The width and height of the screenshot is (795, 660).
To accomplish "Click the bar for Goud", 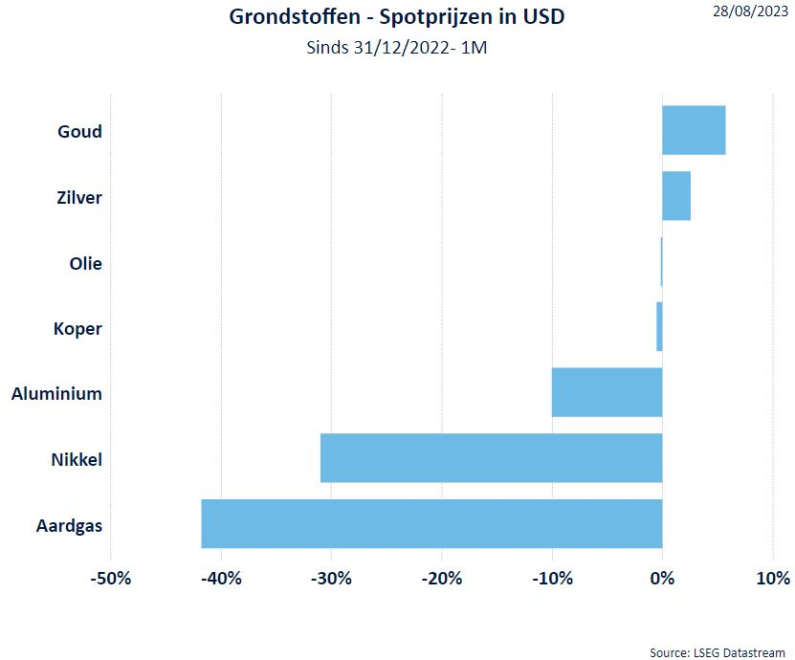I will pyautogui.click(x=694, y=130).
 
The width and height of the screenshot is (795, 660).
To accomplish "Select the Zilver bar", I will pyautogui.click(x=676, y=196).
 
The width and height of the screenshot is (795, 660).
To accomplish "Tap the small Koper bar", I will pyautogui.click(x=659, y=326).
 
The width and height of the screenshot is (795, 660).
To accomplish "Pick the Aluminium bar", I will pyautogui.click(x=607, y=392).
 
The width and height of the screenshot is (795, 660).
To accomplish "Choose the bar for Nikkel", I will pyautogui.click(x=491, y=457).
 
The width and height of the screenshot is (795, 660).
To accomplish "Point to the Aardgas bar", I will pyautogui.click(x=431, y=523).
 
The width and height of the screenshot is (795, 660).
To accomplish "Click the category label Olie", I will pyautogui.click(x=85, y=263).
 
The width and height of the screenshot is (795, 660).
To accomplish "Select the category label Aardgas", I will pyautogui.click(x=69, y=525).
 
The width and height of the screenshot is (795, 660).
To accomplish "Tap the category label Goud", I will pyautogui.click(x=79, y=131).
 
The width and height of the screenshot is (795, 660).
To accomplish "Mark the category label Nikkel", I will pyautogui.click(x=77, y=460).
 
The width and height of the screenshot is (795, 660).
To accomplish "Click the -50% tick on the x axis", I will pyautogui.click(x=111, y=578).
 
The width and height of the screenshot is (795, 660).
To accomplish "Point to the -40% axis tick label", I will pyautogui.click(x=221, y=578).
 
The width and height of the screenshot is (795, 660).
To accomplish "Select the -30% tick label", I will pyautogui.click(x=331, y=578).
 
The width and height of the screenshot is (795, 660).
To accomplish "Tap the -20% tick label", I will pyautogui.click(x=442, y=578).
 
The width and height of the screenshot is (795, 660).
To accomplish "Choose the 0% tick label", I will pyautogui.click(x=662, y=578).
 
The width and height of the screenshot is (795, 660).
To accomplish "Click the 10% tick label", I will pyautogui.click(x=773, y=578).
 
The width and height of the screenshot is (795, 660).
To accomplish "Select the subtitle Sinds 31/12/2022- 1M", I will pyautogui.click(x=397, y=47).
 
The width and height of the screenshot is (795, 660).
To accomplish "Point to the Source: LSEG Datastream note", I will pyautogui.click(x=718, y=652).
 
